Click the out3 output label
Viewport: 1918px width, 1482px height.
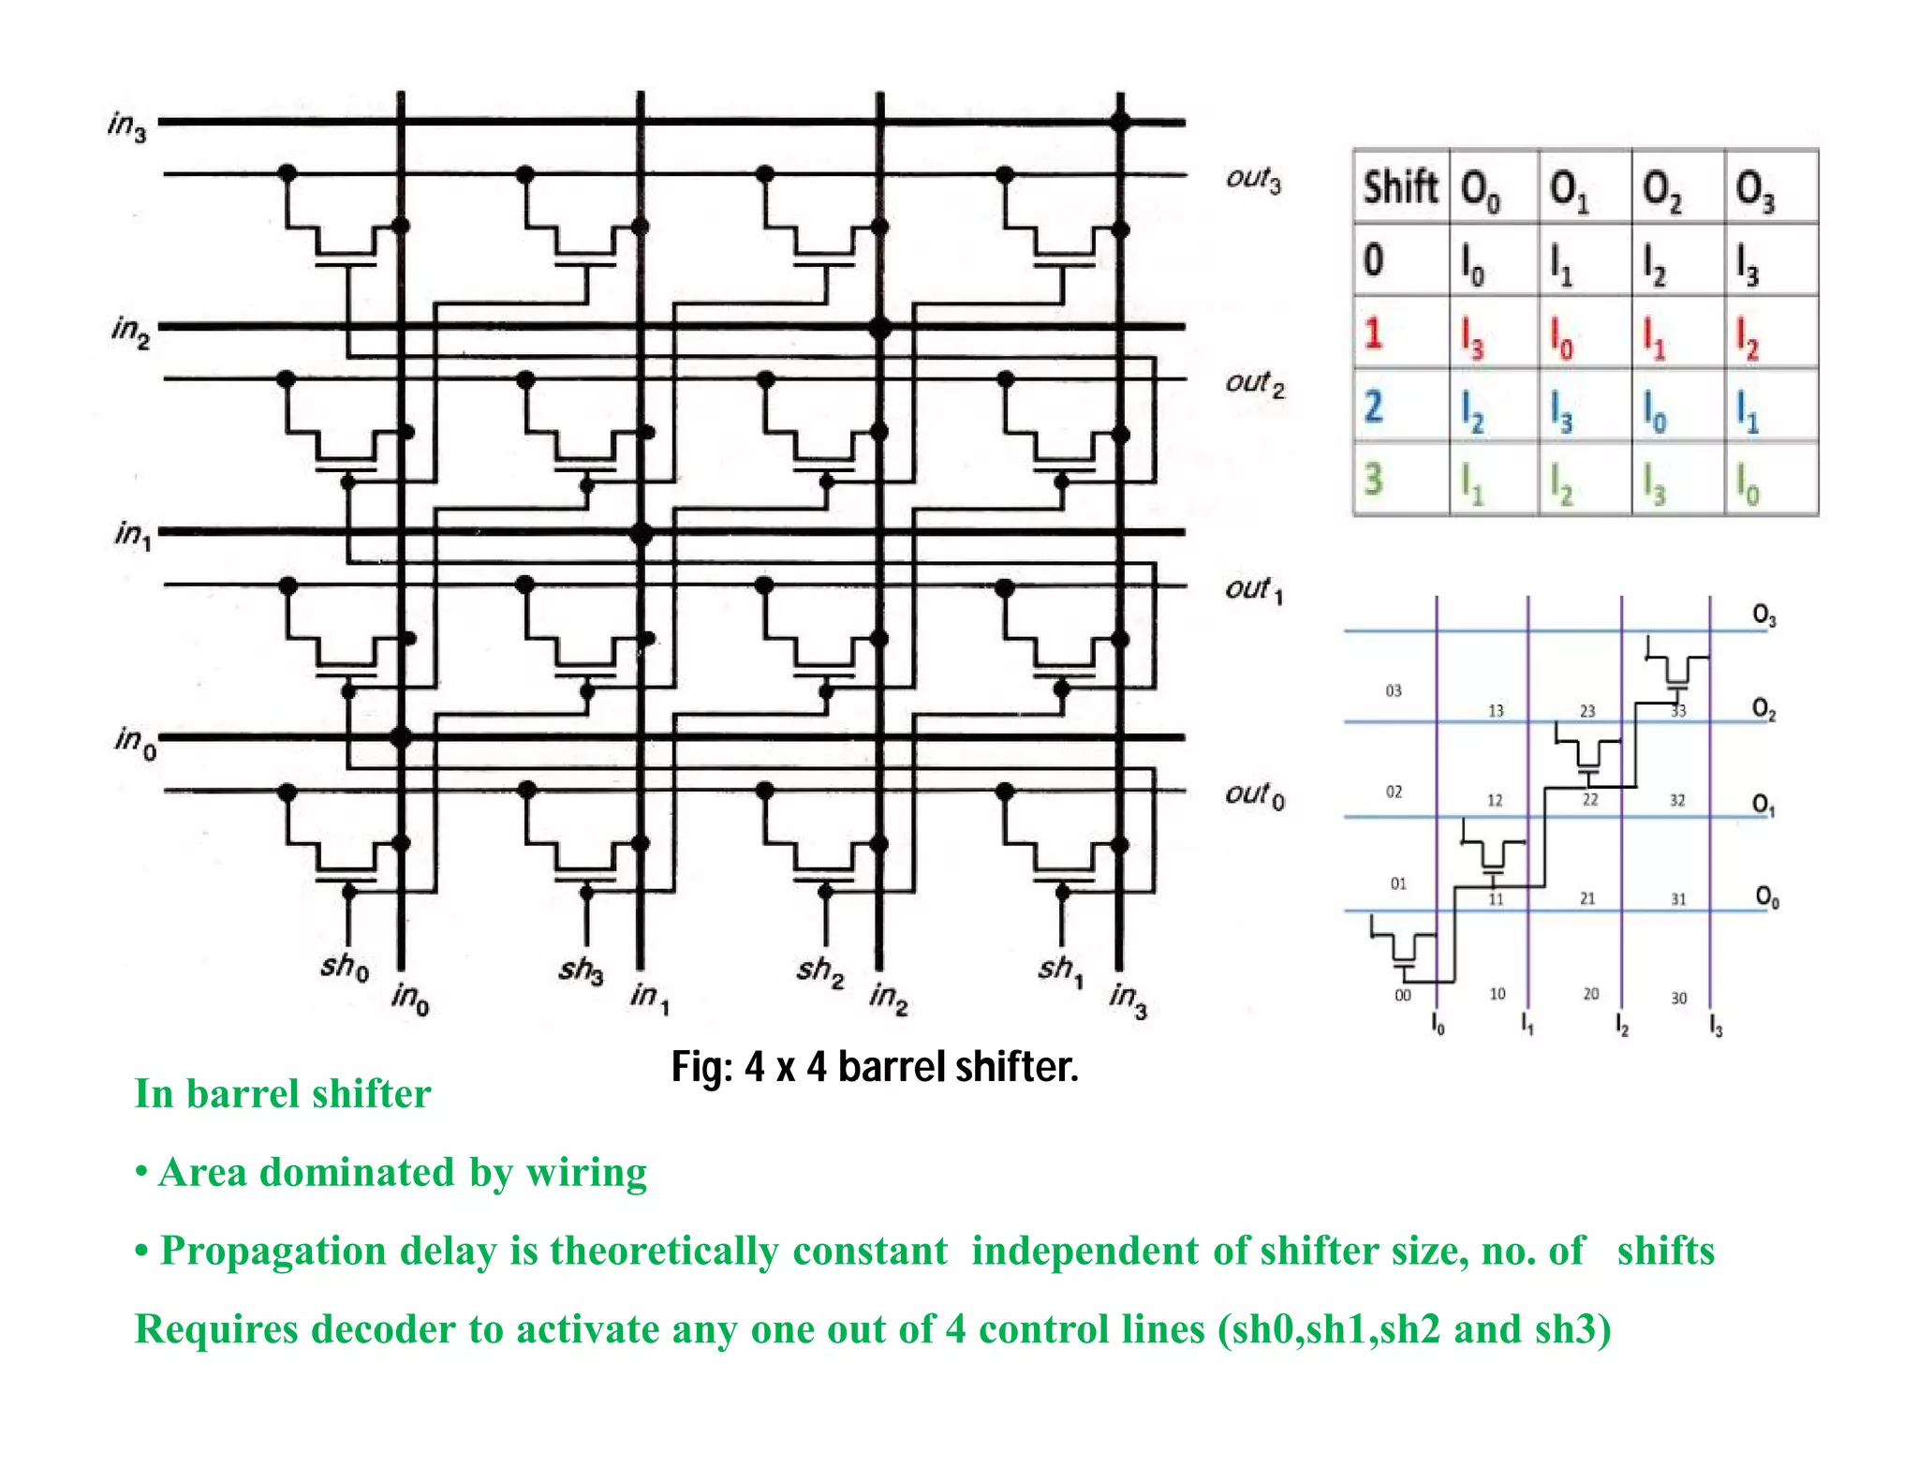(x=1253, y=179)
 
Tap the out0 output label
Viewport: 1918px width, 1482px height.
(x=1254, y=795)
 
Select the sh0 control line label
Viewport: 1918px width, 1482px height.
(x=344, y=966)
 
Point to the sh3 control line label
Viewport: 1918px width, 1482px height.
(x=581, y=969)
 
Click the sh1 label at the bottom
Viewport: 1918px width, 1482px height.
(x=1060, y=969)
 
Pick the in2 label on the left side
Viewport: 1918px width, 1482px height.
(x=130, y=330)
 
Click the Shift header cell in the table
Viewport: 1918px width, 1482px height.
(x=1400, y=186)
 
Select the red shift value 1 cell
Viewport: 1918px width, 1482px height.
(x=1373, y=333)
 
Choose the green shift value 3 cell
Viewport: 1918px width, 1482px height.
(x=1373, y=479)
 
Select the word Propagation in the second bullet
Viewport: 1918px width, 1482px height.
(x=273, y=1251)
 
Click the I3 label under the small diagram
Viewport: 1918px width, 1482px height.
(x=1716, y=1027)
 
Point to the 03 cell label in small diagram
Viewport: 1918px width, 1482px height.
(x=1394, y=690)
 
